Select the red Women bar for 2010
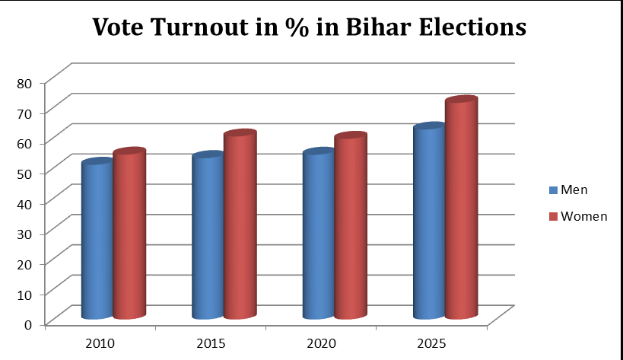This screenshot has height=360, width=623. (x=129, y=235)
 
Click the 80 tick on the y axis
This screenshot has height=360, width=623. (x=26, y=81)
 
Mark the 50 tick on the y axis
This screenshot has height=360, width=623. (x=26, y=172)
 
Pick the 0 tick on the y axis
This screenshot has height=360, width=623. (x=30, y=323)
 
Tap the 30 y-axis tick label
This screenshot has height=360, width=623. (x=26, y=232)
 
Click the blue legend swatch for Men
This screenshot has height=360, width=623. (x=553, y=190)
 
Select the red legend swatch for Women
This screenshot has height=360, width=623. (x=553, y=217)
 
